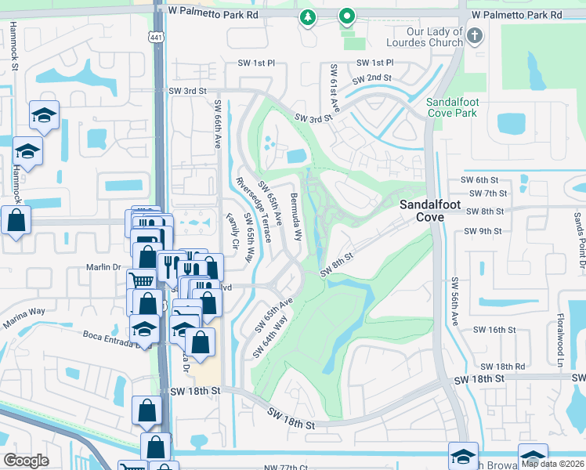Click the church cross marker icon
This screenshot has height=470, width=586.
[x=475, y=36]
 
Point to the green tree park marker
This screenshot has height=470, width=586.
[x=308, y=16]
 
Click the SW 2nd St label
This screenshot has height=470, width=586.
[x=371, y=79]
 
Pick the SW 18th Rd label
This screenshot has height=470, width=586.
[x=502, y=366]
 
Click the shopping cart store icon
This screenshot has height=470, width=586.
[x=140, y=280]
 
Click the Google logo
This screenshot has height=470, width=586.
[x=27, y=461]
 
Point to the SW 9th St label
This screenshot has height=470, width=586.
[x=481, y=231]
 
